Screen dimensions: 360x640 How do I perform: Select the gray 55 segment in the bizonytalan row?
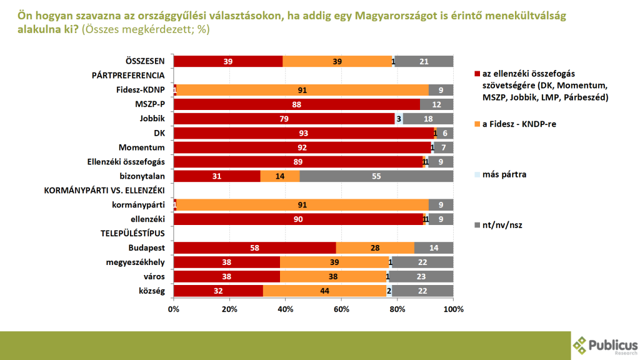coord(376,176)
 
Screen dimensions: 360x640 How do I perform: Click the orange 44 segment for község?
coord(324,291)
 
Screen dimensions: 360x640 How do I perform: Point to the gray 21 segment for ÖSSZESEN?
coord(424,61)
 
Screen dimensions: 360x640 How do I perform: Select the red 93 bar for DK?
coord(303,133)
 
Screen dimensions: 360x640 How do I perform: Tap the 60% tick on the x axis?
coord(341,309)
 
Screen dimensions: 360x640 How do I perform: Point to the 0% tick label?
coord(174,309)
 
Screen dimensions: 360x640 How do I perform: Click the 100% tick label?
coord(453,309)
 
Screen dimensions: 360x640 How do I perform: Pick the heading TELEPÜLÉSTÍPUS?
coord(133,233)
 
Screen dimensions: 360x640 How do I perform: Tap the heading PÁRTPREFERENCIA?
coord(128,75)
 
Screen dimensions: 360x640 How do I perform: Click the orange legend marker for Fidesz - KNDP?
coord(477,124)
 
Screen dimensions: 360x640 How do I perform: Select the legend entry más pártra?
coord(505,174)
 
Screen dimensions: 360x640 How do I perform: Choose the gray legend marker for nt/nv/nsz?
coord(477,224)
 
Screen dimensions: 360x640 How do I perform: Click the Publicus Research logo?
coord(605,345)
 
